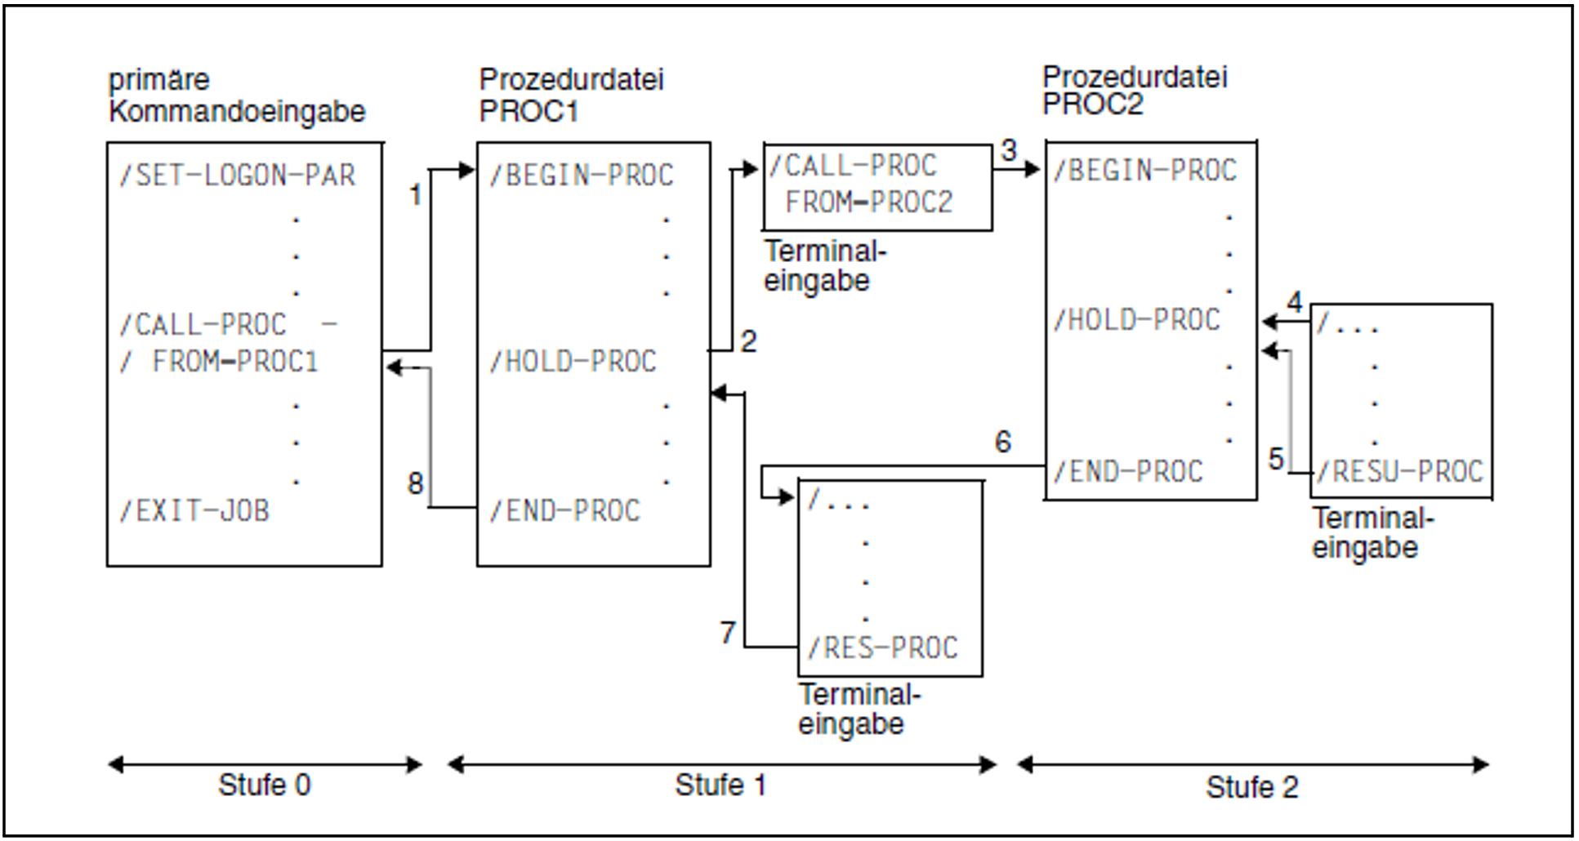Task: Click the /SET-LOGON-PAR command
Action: point(237,176)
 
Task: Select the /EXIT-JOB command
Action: point(194,511)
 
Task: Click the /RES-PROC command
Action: point(882,648)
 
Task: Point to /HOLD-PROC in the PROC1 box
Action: point(573,361)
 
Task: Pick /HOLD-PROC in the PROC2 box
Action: point(1136,319)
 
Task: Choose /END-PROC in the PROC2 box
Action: point(1127,471)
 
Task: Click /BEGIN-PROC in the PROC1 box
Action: point(581,176)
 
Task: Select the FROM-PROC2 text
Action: point(868,202)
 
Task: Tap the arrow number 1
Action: point(415,194)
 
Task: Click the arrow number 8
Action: point(415,483)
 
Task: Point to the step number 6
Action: point(1003,442)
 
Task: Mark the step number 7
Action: point(728,632)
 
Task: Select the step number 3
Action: point(1009,151)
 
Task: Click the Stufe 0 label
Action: point(264,785)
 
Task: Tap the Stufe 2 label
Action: point(1251,788)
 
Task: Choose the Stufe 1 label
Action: point(720,785)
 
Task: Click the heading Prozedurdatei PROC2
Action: point(1135,91)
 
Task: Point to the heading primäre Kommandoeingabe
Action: point(237,96)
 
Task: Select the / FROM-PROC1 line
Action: point(219,361)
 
